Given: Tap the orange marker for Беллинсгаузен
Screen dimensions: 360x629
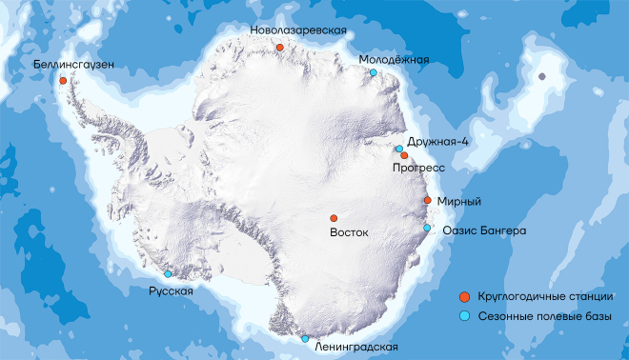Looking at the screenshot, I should (63, 81).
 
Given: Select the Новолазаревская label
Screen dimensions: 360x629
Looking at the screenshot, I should (297, 30).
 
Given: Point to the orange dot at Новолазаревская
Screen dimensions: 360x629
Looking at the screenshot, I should (279, 47).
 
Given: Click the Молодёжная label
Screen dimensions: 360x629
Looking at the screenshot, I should (394, 59).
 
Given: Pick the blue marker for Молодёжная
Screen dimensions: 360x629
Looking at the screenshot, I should (373, 73).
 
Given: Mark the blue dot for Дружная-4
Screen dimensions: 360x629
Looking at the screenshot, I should (398, 148).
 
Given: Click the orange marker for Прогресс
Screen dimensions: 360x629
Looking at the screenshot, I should (404, 155).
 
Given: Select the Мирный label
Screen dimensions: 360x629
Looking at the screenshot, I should (461, 202).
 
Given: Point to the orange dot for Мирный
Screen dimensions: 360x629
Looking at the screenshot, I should (427, 200).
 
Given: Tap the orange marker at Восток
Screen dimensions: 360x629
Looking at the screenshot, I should (334, 218).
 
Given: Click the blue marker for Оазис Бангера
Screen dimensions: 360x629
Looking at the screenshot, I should (428, 229).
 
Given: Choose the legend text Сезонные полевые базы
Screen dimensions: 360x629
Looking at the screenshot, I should (544, 316).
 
